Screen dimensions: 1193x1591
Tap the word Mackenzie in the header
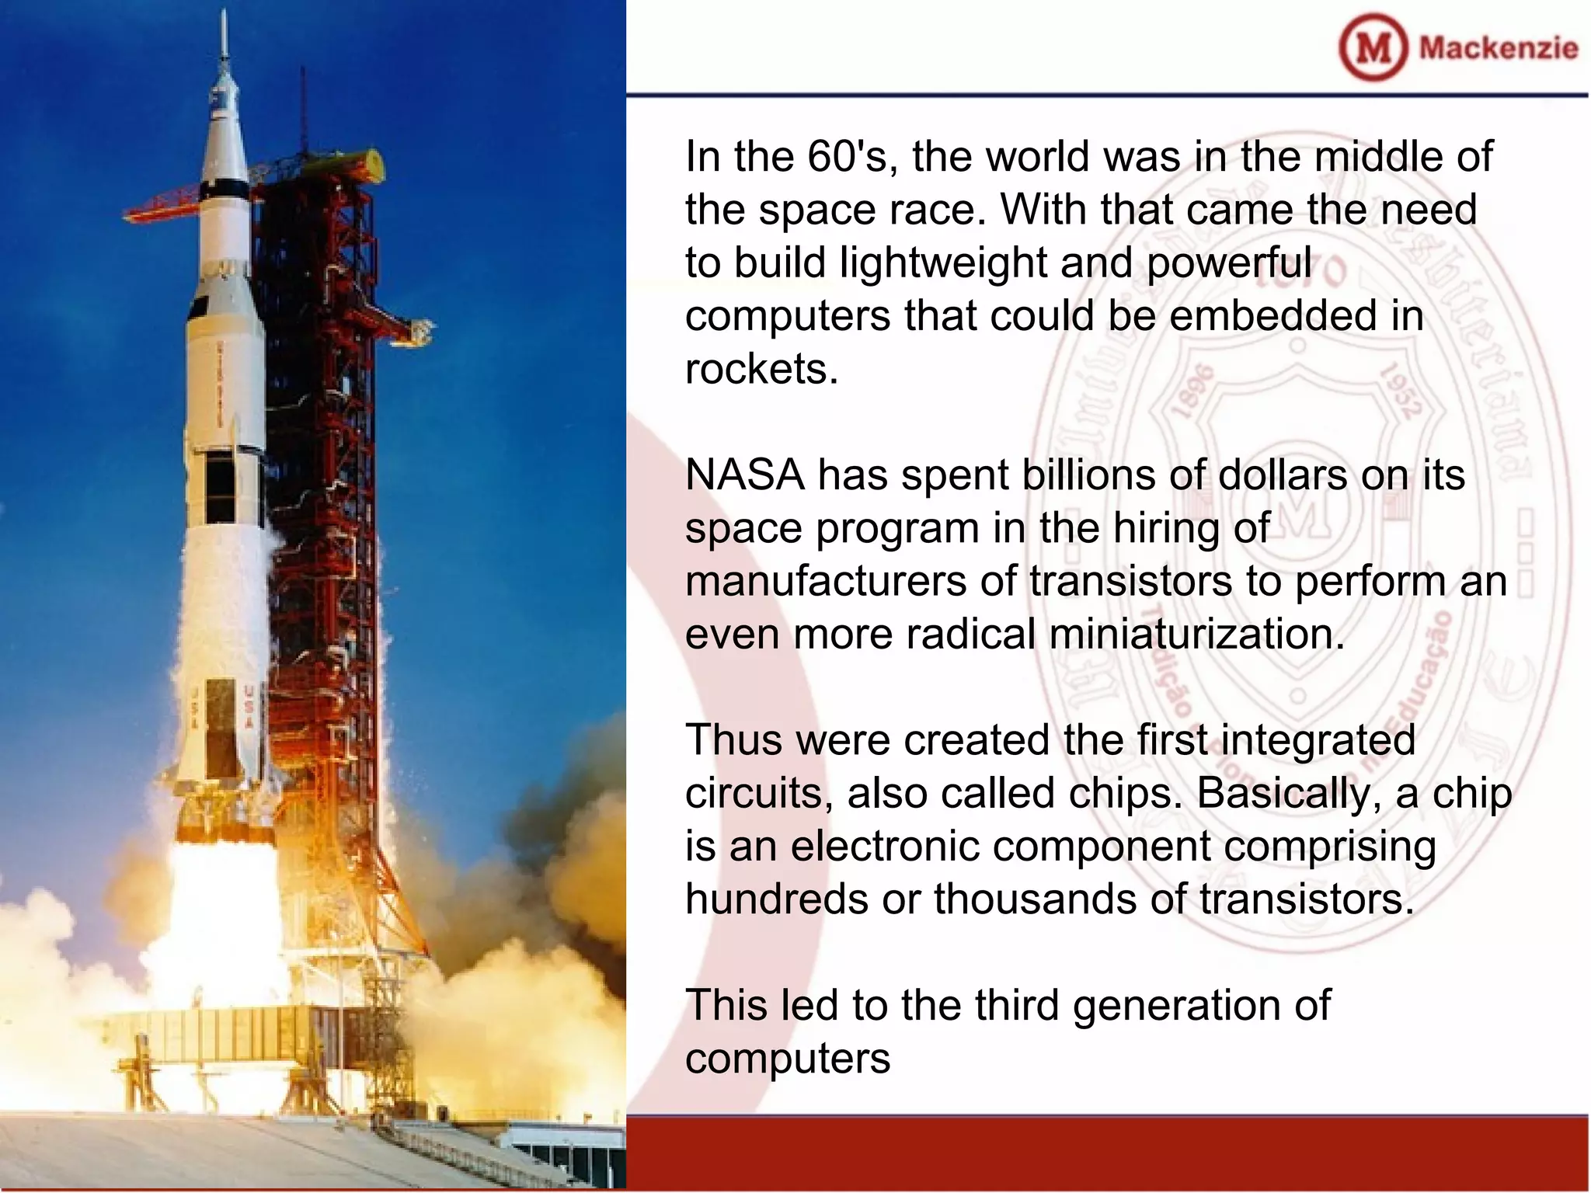[x=1498, y=48]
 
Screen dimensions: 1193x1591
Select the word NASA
[x=744, y=475]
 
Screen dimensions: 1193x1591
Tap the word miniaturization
[x=1196, y=634]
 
